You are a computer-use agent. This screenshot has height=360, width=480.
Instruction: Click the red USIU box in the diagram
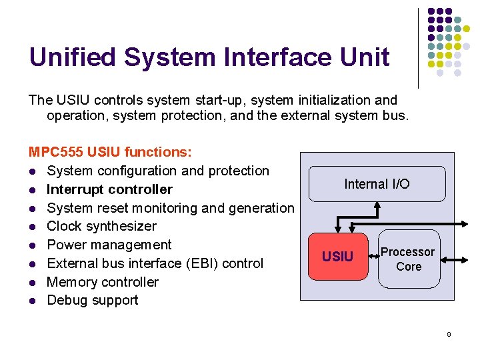point(337,257)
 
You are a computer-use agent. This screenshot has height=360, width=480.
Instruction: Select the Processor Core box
point(408,259)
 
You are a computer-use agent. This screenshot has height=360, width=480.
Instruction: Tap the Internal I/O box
point(377,184)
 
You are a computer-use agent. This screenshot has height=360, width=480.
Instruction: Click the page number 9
point(449,334)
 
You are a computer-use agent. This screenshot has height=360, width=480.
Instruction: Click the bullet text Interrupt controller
point(109,189)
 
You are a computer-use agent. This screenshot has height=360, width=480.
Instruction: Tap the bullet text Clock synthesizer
point(101,226)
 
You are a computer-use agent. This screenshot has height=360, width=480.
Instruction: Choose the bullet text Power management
point(109,245)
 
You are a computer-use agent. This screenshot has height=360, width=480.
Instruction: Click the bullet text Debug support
point(93,300)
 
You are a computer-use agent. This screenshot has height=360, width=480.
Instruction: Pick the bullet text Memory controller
point(103,281)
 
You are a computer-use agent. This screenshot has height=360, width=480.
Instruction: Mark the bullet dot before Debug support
point(32,301)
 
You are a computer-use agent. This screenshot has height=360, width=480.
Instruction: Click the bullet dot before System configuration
point(32,171)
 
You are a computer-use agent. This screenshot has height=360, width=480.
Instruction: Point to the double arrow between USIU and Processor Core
point(373,257)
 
